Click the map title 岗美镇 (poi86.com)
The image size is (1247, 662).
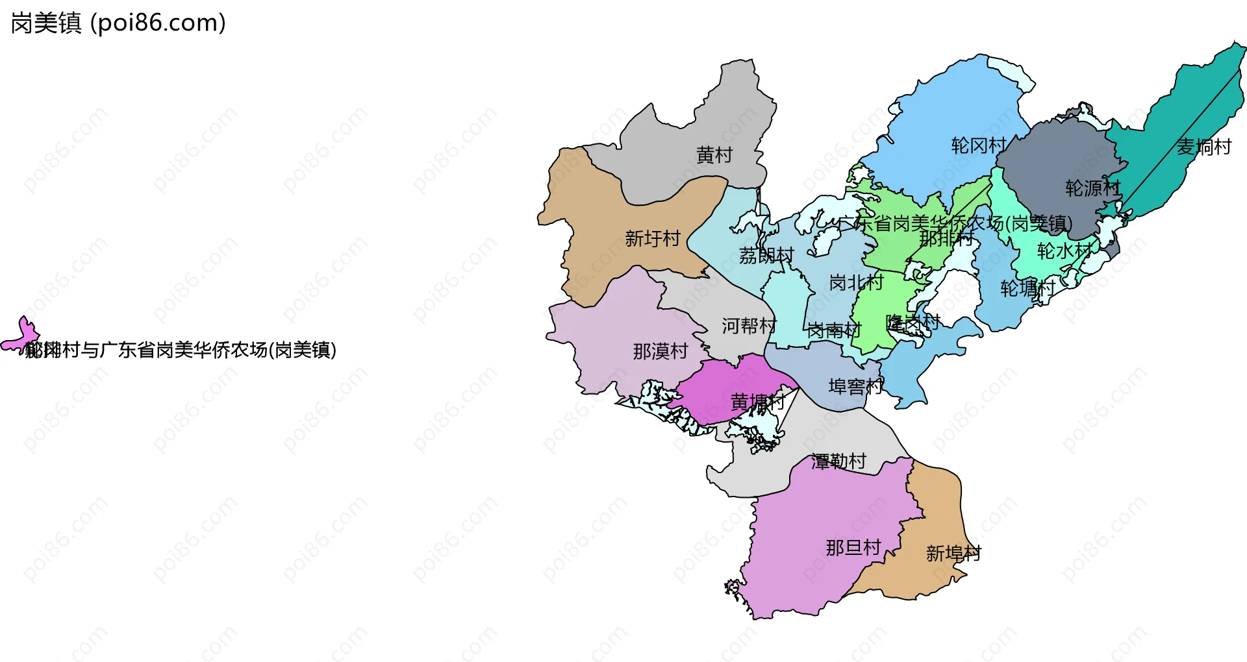click(118, 23)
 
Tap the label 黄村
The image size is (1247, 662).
click(714, 155)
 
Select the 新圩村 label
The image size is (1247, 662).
click(652, 239)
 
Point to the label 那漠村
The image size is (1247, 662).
click(661, 352)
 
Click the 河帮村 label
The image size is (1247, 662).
click(749, 326)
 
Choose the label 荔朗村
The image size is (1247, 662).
click(766, 256)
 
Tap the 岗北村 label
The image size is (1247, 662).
click(856, 282)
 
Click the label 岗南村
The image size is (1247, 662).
click(834, 331)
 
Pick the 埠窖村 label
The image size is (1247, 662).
click(855, 387)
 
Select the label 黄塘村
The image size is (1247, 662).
click(758, 402)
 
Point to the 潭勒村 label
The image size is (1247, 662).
click(838, 461)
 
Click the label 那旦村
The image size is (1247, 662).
click(853, 548)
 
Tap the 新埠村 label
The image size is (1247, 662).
click(953, 554)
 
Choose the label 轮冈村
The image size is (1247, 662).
click(979, 145)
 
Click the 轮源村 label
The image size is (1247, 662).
click(1093, 188)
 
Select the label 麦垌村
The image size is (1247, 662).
click(1204, 147)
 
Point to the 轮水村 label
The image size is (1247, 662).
click(1064, 251)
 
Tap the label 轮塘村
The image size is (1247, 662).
click(1027, 288)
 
